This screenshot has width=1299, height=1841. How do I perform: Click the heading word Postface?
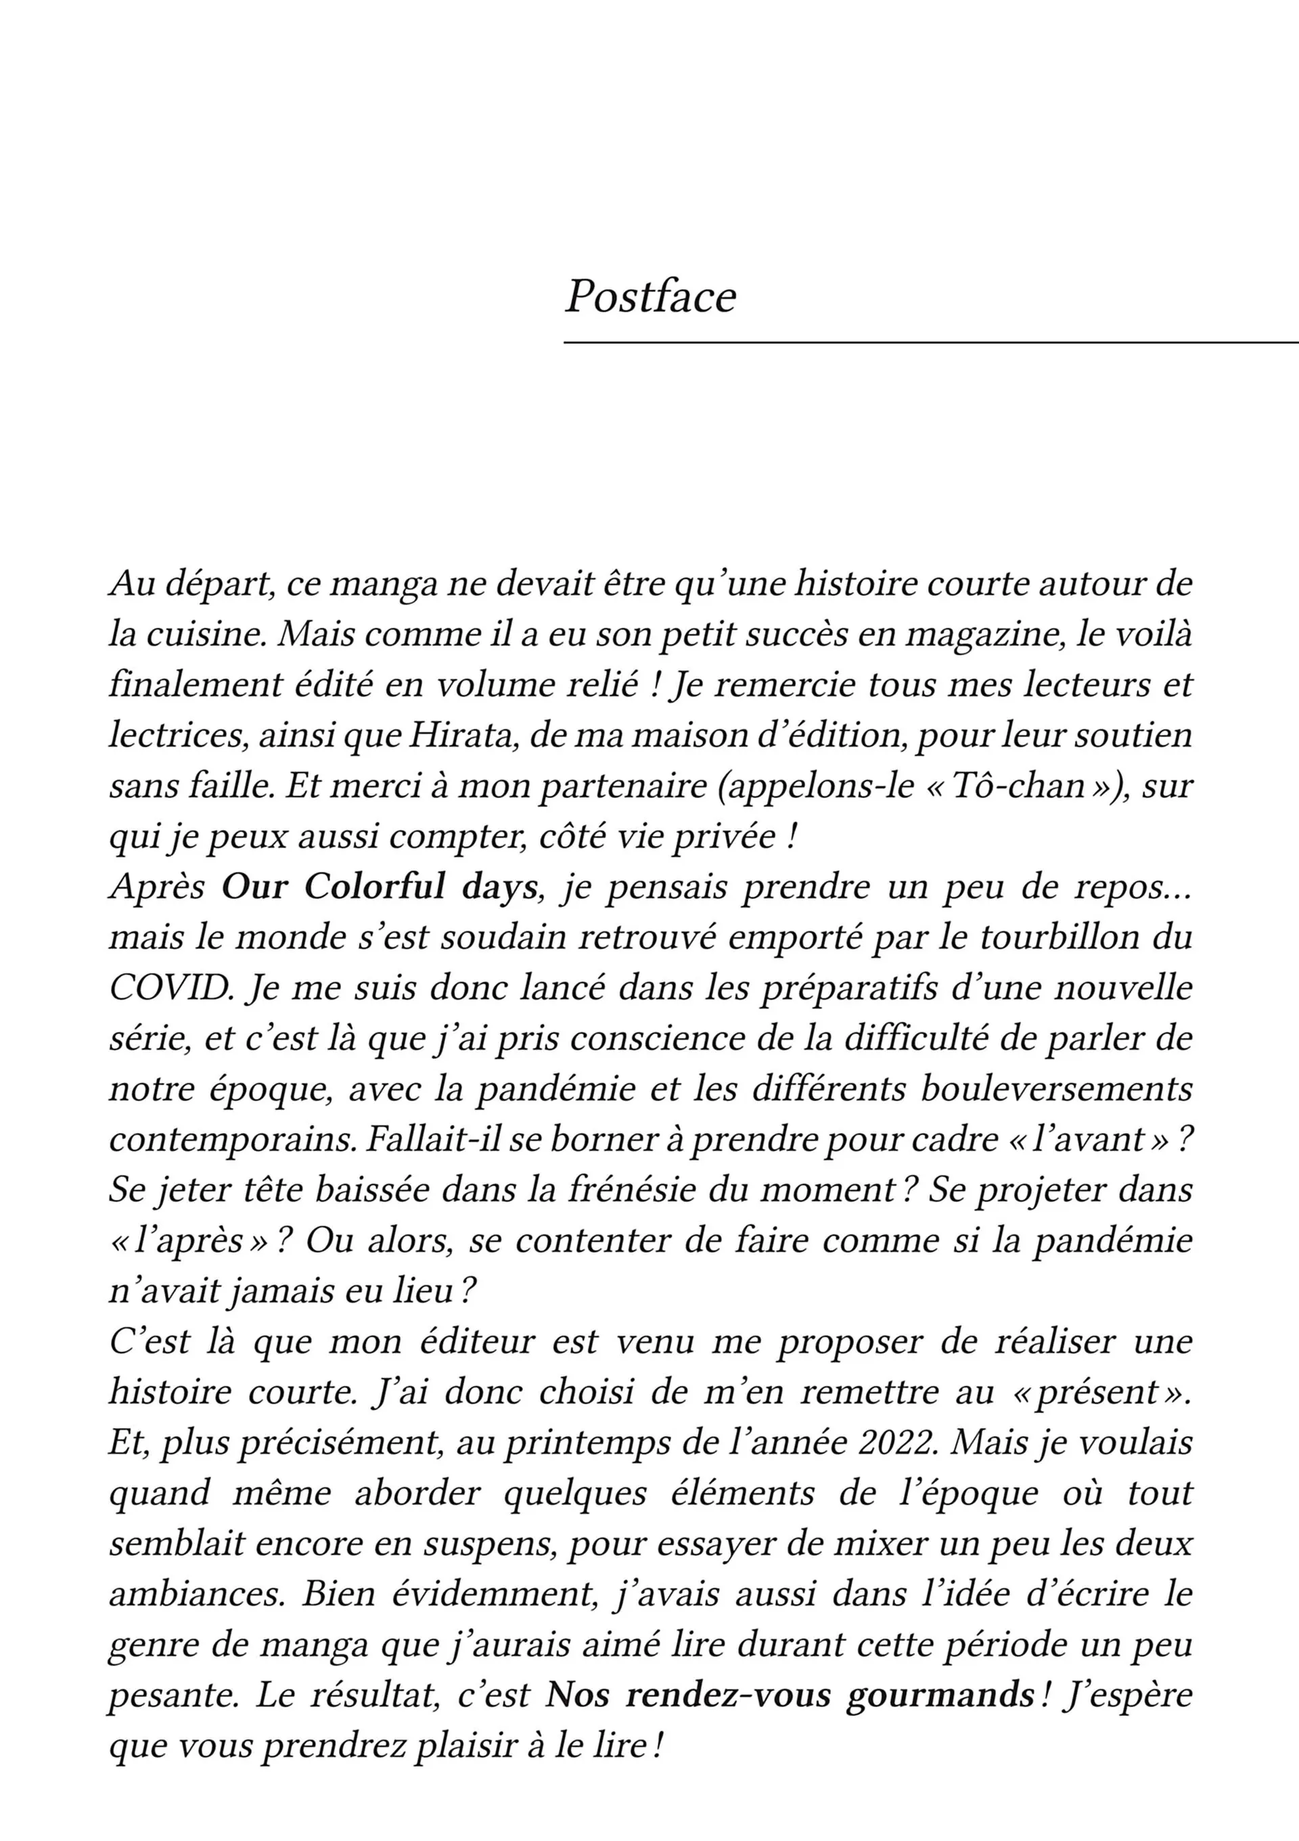pyautogui.click(x=650, y=297)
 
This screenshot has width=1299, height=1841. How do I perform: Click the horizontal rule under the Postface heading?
pyautogui.click(x=930, y=342)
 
